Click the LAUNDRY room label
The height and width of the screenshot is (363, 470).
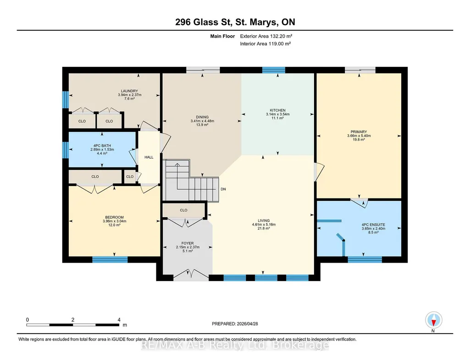[129, 91]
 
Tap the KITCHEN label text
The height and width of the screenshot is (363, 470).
[277, 110]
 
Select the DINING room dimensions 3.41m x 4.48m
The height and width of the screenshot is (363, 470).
[202, 121]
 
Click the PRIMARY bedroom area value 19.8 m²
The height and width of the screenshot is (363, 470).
[359, 140]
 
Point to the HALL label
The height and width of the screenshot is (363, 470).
[149, 157]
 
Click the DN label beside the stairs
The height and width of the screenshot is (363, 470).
[223, 189]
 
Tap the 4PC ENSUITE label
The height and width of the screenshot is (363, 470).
[374, 225]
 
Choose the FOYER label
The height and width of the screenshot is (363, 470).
[188, 243]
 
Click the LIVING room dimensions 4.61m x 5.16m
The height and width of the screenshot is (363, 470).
[264, 224]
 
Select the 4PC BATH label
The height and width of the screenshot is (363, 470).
[102, 146]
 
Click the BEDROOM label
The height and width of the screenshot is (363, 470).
[115, 217]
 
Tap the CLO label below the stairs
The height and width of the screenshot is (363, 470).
[184, 210]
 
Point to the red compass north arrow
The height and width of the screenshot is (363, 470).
[433, 323]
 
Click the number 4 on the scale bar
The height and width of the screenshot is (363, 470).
[119, 320]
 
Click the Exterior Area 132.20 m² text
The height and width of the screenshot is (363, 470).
[266, 36]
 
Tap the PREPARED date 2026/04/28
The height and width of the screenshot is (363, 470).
[247, 324]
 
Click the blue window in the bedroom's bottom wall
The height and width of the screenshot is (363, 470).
[110, 260]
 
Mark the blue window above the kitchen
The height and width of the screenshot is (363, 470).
[274, 70]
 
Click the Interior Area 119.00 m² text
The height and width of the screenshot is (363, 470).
[265, 44]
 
